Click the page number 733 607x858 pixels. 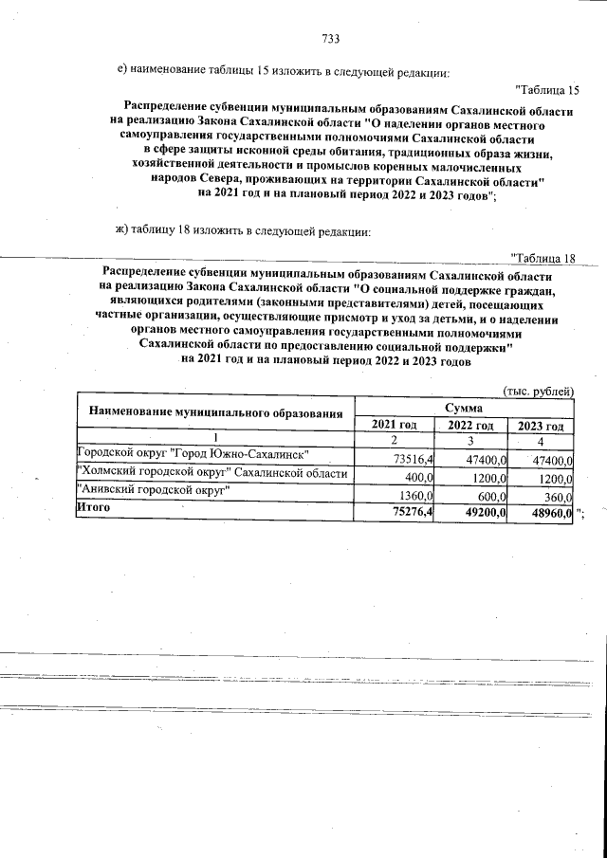(330, 39)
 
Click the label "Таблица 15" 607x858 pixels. (546, 90)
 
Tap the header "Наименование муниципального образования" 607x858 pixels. (214, 412)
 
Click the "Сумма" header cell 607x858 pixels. (465, 406)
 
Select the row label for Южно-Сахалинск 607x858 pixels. (200, 455)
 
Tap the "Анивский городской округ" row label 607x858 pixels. (156, 491)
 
